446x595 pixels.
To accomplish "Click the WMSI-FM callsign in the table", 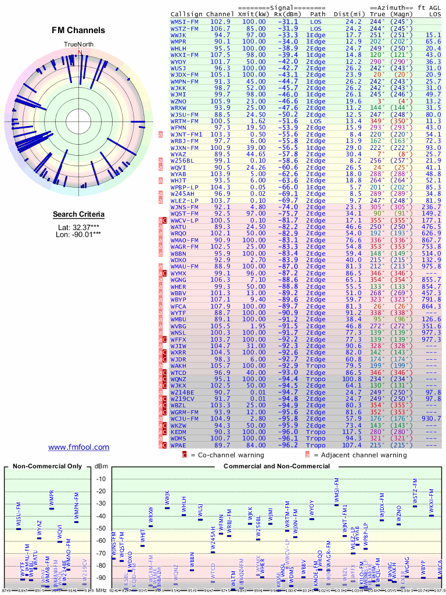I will coord(185,21).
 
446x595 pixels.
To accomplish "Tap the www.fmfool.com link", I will coord(78,447).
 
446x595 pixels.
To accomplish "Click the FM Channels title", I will coord(78,30).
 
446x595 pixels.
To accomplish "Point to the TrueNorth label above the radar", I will coord(78,45).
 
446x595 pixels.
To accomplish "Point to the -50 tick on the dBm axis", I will coord(101,528).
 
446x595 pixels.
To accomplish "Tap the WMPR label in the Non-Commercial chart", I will coord(52,498).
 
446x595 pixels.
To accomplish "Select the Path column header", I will coord(318,13).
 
